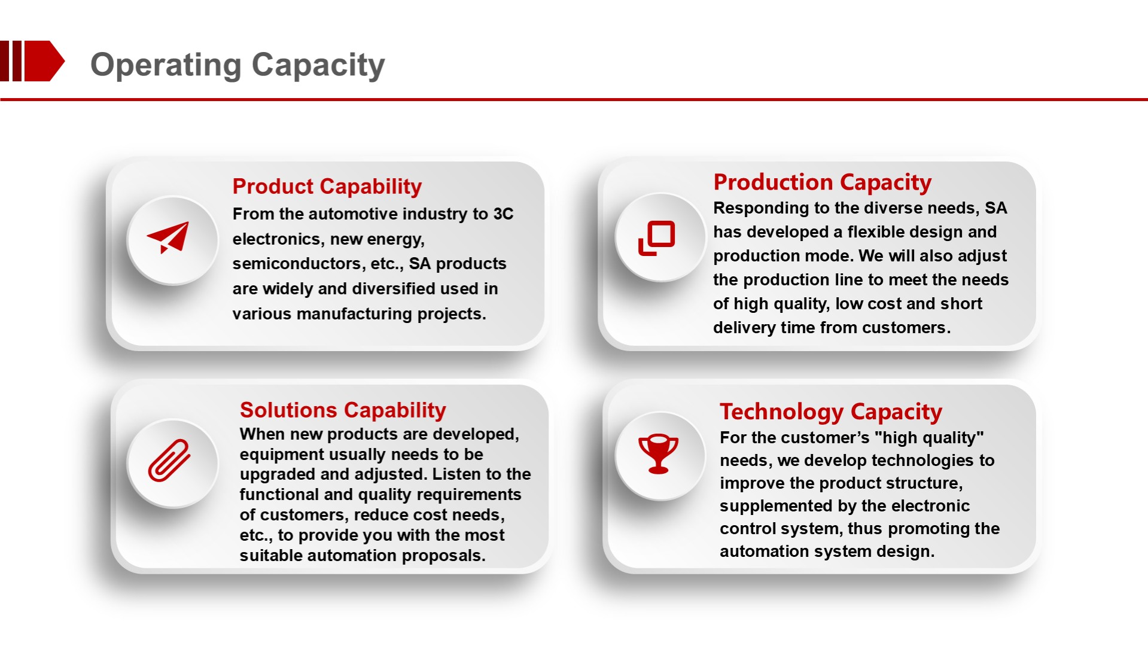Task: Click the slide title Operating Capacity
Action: [x=237, y=65]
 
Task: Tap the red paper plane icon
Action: [x=169, y=237]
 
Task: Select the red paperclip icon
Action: [x=169, y=460]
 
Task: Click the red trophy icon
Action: [x=658, y=453]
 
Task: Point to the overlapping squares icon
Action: [x=657, y=238]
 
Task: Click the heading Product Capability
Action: [x=327, y=187]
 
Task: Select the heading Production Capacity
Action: [x=823, y=182]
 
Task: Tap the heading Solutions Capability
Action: [x=343, y=410]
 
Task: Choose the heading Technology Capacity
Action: [x=831, y=412]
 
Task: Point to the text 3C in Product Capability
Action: [x=503, y=214]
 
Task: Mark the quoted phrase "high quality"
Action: [x=929, y=438]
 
